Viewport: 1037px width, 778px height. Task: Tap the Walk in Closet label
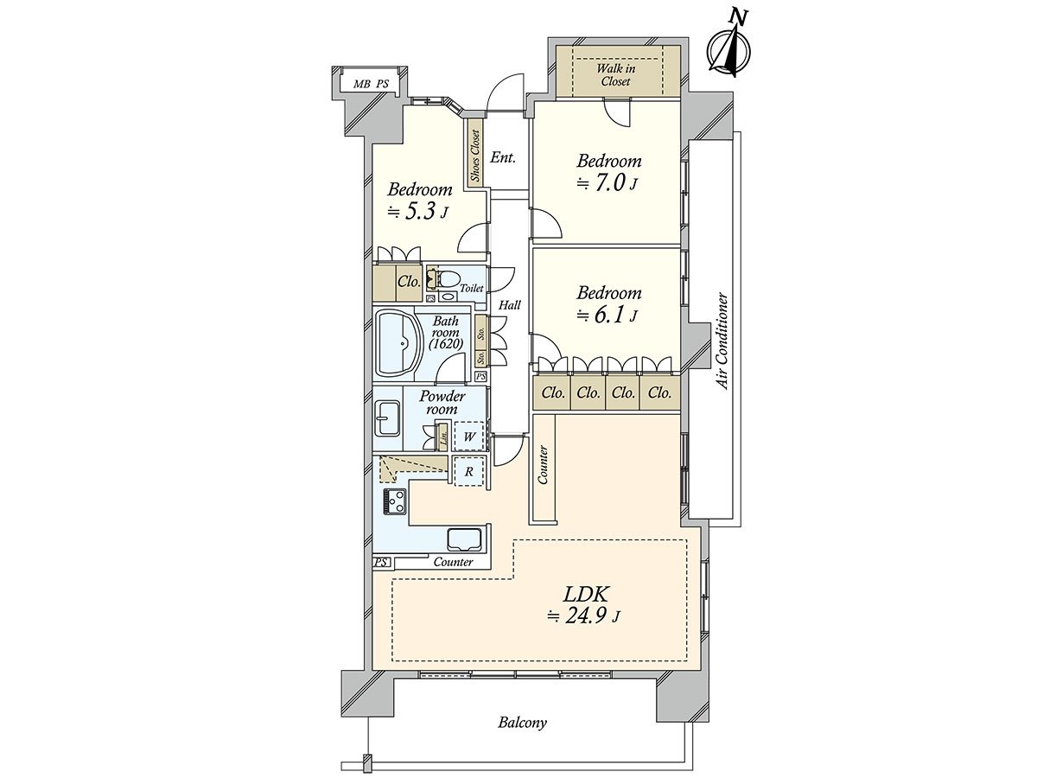click(615, 74)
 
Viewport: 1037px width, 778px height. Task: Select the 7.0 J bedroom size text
click(608, 182)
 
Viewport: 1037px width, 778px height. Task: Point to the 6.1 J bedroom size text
click(608, 315)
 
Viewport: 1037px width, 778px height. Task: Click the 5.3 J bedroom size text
click(417, 211)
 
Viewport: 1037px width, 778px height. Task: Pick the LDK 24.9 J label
click(583, 606)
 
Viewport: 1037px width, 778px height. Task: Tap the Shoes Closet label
click(475, 156)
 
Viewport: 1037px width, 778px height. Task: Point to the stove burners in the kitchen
click(395, 501)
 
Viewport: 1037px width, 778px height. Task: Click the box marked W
click(468, 437)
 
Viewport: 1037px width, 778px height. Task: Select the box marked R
click(468, 471)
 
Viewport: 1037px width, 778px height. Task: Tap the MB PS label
click(372, 85)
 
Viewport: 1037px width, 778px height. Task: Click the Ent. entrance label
click(503, 157)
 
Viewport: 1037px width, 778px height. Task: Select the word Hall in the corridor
click(510, 305)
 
